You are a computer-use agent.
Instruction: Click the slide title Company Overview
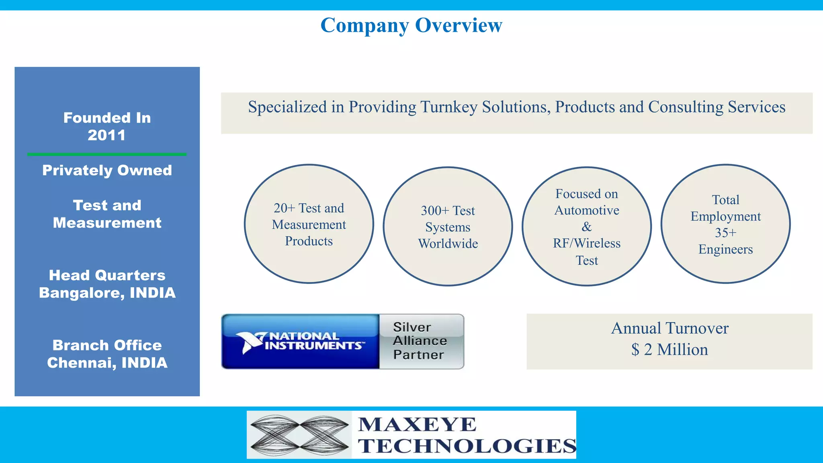pos(411,25)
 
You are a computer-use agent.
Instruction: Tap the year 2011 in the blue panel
pos(106,135)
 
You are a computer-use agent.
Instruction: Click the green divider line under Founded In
pos(107,154)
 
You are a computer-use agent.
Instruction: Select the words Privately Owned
pos(107,170)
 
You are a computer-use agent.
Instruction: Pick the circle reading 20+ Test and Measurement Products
pos(309,224)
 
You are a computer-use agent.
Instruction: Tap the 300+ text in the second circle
pos(435,211)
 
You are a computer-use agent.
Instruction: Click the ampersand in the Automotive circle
pos(587,227)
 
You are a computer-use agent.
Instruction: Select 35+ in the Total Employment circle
pos(725,233)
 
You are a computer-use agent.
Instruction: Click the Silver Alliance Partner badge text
pos(420,341)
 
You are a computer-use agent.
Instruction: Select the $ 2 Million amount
pos(669,350)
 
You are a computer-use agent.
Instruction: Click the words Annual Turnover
pos(669,328)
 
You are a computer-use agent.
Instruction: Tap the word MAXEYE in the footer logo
pos(417,424)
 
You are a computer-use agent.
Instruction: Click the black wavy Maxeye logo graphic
pos(299,435)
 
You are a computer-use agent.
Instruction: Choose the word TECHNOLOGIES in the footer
pos(467,446)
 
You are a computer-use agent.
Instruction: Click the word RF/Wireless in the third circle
pos(587,243)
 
